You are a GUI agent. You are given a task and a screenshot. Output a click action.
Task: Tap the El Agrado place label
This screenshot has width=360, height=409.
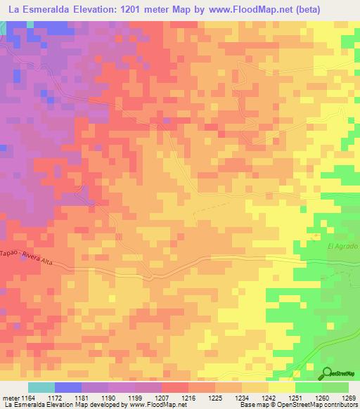(342, 247)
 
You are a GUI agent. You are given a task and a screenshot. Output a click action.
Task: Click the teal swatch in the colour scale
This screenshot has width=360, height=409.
(41, 387)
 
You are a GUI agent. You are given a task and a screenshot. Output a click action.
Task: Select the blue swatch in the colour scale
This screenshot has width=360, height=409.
(67, 387)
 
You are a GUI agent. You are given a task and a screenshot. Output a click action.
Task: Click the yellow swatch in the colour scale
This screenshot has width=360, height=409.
(281, 387)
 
